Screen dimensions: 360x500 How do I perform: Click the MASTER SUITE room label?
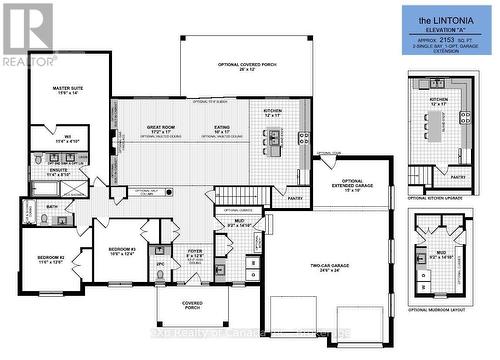tap(68, 90)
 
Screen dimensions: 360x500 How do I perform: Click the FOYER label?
tap(195, 254)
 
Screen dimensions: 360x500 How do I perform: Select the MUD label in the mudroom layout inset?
tap(441, 254)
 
